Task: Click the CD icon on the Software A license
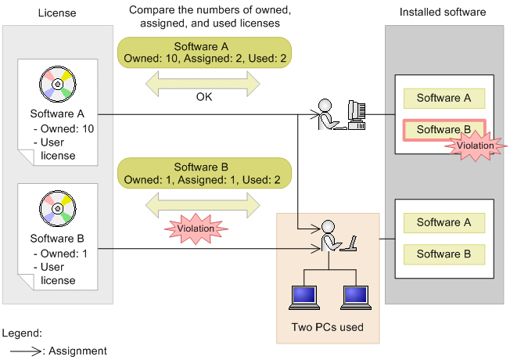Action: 57,82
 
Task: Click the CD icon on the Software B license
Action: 57,207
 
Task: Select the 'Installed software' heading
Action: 443,13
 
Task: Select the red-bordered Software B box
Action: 444,130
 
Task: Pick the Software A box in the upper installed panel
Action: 444,98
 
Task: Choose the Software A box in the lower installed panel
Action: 444,223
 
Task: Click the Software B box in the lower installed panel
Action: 444,254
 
